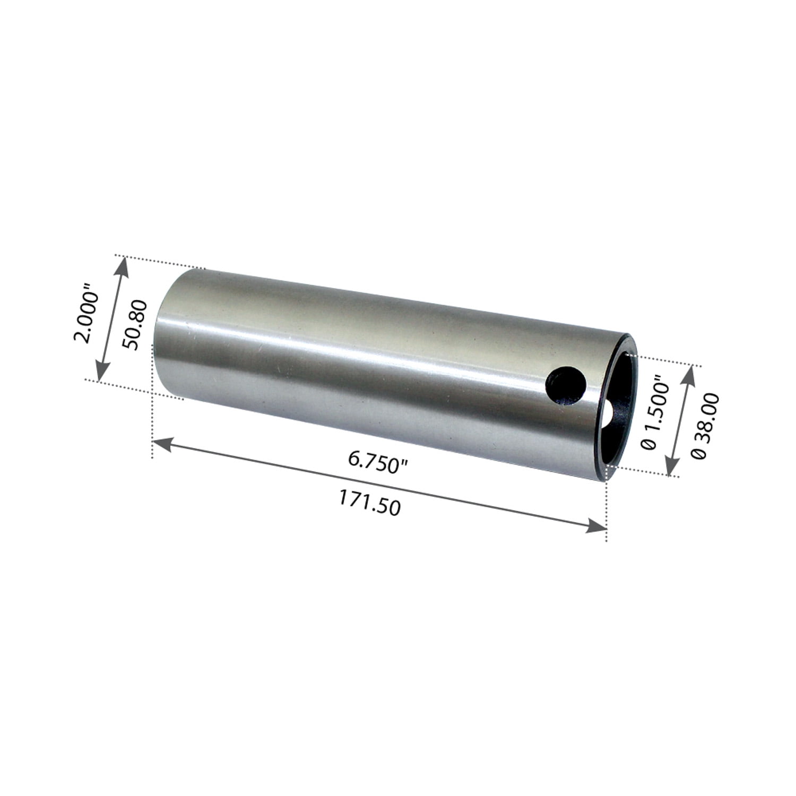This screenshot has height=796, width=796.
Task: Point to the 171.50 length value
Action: point(369,503)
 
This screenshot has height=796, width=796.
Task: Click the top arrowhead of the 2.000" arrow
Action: point(123,265)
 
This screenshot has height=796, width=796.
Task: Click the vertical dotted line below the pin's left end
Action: point(153,425)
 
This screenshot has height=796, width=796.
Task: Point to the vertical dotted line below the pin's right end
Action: point(606,504)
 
